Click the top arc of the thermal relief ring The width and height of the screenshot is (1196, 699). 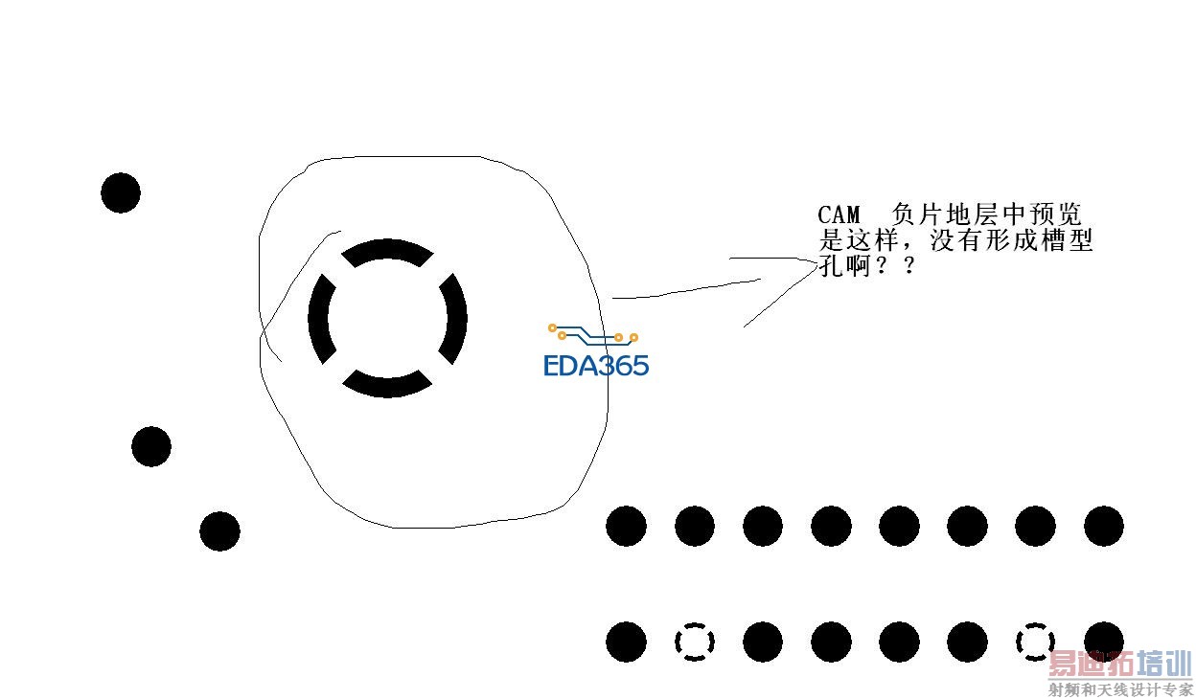pos(387,251)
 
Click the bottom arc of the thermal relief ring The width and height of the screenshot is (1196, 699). pos(387,385)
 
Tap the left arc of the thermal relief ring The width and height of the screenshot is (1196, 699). pos(319,319)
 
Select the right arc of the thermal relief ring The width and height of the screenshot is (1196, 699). pos(455,319)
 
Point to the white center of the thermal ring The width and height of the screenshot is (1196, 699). pos(387,319)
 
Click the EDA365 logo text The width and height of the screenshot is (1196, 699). pos(596,366)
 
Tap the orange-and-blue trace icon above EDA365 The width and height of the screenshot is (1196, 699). pos(593,334)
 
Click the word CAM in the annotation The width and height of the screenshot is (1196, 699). pos(839,214)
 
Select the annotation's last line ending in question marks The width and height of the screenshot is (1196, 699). pos(867,267)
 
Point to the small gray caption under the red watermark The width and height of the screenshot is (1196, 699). pos(1119,689)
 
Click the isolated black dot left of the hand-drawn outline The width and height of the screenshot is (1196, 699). pos(121,193)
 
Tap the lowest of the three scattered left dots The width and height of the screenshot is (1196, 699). pos(219,531)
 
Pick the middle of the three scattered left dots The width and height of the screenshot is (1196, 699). pos(151,447)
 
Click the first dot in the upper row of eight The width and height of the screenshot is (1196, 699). pos(627,527)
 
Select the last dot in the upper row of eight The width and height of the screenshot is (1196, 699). pos(1104,527)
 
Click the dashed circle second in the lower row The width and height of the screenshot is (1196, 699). pos(695,642)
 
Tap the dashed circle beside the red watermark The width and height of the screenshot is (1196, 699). pos(1035,642)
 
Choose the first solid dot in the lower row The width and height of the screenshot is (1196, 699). pos(627,642)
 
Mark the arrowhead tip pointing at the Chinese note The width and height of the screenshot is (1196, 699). pos(816,259)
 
